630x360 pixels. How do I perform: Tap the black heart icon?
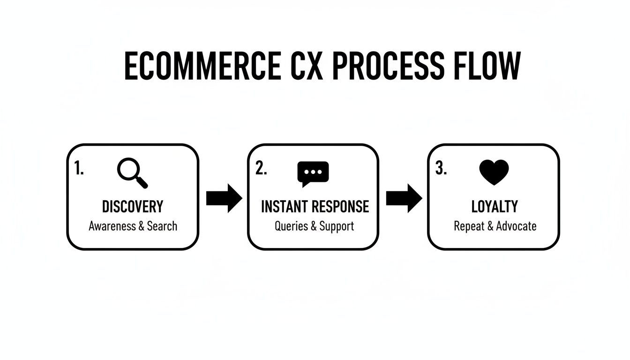[x=494, y=172]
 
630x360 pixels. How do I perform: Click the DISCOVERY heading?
[x=133, y=207]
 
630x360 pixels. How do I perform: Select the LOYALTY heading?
[x=495, y=207]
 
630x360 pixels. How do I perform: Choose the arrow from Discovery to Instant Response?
[x=224, y=198]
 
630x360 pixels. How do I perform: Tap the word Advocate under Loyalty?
[x=516, y=226]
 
